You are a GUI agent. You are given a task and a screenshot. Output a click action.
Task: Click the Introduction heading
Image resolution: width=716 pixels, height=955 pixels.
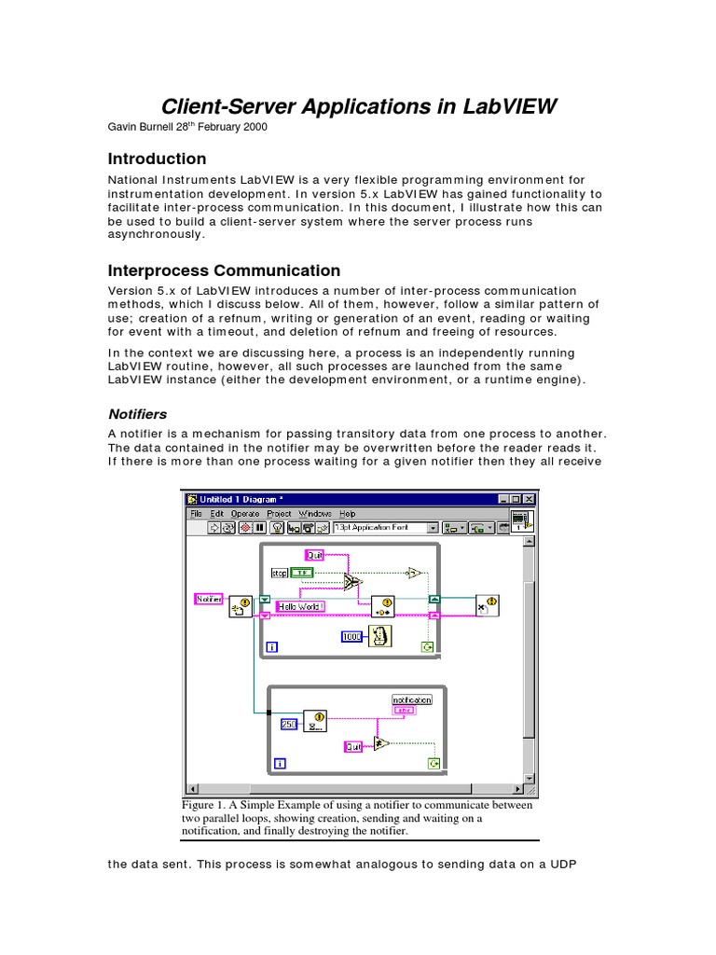(x=157, y=159)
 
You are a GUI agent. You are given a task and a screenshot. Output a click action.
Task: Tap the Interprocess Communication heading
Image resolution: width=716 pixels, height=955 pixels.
(x=224, y=270)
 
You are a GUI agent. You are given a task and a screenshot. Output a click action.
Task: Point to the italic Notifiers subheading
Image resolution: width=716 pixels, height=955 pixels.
(x=137, y=413)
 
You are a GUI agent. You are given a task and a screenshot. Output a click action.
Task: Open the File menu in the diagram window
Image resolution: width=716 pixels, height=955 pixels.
(x=196, y=513)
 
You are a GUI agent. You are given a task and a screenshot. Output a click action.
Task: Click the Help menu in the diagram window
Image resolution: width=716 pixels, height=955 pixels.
(x=347, y=513)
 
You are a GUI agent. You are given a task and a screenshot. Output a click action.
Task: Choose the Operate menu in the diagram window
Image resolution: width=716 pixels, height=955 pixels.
(x=245, y=513)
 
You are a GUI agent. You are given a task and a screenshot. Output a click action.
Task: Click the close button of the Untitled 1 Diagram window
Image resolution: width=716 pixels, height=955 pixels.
(x=530, y=499)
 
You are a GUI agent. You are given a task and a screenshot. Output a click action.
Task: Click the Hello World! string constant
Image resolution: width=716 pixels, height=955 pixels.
(x=298, y=606)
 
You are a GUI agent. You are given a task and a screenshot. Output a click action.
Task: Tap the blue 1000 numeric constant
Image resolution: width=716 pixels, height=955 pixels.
(x=351, y=636)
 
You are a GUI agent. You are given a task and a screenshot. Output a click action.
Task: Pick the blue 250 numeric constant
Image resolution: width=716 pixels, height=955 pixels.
(x=289, y=723)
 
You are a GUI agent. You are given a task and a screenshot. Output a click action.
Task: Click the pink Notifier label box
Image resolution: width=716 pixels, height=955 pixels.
(x=209, y=599)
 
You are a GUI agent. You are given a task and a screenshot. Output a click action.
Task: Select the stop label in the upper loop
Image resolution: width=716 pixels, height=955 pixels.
(x=279, y=573)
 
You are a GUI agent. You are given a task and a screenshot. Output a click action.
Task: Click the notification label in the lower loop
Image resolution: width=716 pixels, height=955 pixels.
(x=411, y=699)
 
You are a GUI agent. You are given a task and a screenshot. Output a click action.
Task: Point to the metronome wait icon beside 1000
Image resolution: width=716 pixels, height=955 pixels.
(x=379, y=636)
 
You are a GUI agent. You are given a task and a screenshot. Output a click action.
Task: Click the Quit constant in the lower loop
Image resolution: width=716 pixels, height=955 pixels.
(x=353, y=746)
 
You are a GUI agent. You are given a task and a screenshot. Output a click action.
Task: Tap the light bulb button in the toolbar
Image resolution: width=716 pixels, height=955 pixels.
(x=277, y=527)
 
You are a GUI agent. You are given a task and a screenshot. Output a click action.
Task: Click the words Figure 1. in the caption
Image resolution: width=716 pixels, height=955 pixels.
(x=203, y=805)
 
